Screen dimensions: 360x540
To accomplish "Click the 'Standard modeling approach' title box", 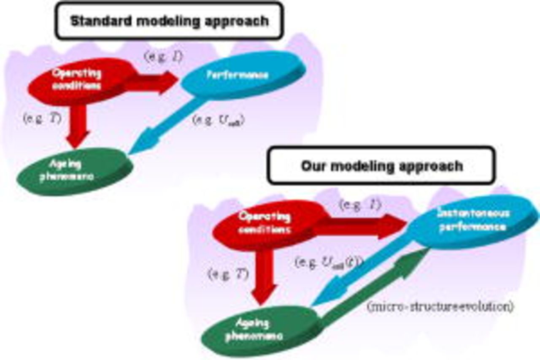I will tap(169, 21).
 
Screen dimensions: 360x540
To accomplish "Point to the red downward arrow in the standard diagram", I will tap(78, 125).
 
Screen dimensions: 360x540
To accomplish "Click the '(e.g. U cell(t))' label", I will tap(329, 263).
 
